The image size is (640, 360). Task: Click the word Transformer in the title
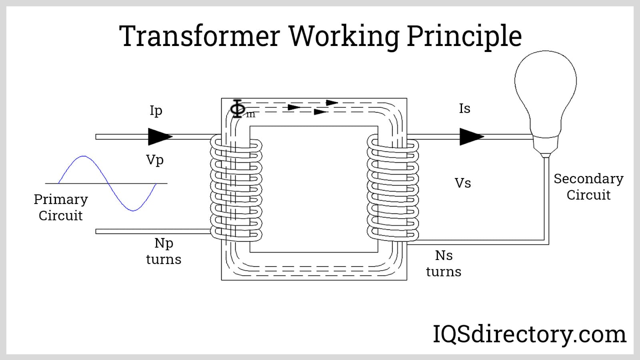[199, 36]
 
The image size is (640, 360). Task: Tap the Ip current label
[156, 110]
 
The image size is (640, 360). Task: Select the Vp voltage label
[155, 160]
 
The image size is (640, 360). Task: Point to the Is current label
[464, 108]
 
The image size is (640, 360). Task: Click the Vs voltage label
[463, 183]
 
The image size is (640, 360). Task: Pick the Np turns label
[164, 251]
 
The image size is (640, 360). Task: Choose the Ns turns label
[444, 264]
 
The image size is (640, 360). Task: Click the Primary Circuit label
[61, 207]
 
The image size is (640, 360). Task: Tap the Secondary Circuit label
[588, 187]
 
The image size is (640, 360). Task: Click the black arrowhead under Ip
[160, 137]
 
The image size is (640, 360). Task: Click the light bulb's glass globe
[546, 84]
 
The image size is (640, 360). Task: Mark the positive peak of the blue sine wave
[83, 156]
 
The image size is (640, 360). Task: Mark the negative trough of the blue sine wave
[133, 210]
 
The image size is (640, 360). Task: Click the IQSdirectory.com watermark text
[530, 334]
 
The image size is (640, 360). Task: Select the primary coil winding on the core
[236, 188]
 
